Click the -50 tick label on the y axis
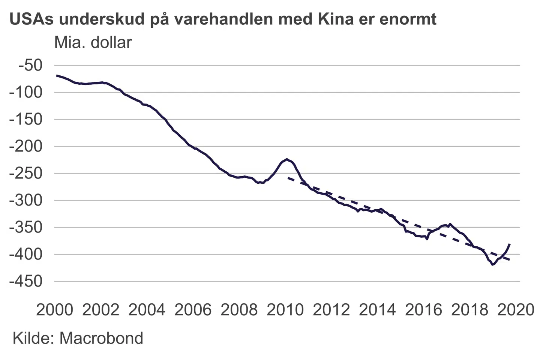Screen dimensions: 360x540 (31, 65)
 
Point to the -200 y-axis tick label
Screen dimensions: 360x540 (26, 146)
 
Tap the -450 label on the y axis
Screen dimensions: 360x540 (26, 281)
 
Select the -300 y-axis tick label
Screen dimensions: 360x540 (26, 200)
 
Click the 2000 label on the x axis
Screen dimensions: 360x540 (55, 310)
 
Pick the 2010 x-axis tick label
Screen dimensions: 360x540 (285, 310)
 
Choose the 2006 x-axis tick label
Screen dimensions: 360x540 (193, 310)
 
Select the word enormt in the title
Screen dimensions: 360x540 (408, 19)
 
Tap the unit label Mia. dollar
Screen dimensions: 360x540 (93, 42)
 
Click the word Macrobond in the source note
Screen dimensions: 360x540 (101, 338)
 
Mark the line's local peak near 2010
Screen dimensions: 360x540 (287, 159)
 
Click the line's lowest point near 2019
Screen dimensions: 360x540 (493, 265)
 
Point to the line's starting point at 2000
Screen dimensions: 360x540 (57, 75)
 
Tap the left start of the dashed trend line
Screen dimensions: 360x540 (288, 178)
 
